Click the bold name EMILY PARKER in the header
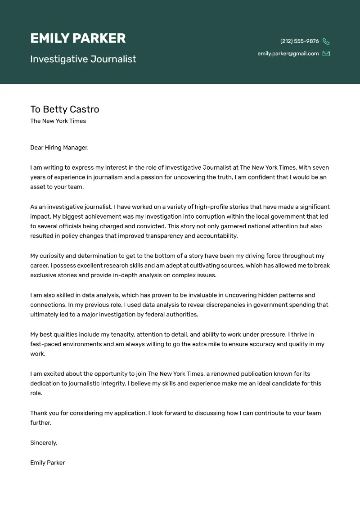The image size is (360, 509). point(78,39)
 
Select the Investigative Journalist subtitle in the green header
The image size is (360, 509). point(83,59)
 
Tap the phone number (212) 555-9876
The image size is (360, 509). point(299,41)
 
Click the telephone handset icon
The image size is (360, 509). point(326,41)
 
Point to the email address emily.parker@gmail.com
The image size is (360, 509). point(288,54)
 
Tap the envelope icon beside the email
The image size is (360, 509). point(326,54)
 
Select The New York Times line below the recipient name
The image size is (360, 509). point(58,121)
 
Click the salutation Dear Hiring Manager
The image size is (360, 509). point(59,148)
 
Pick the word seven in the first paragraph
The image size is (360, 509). point(320,167)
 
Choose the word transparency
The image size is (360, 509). point(164,236)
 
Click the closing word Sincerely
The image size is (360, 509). point(44,442)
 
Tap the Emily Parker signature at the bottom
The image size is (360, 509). point(48,462)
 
